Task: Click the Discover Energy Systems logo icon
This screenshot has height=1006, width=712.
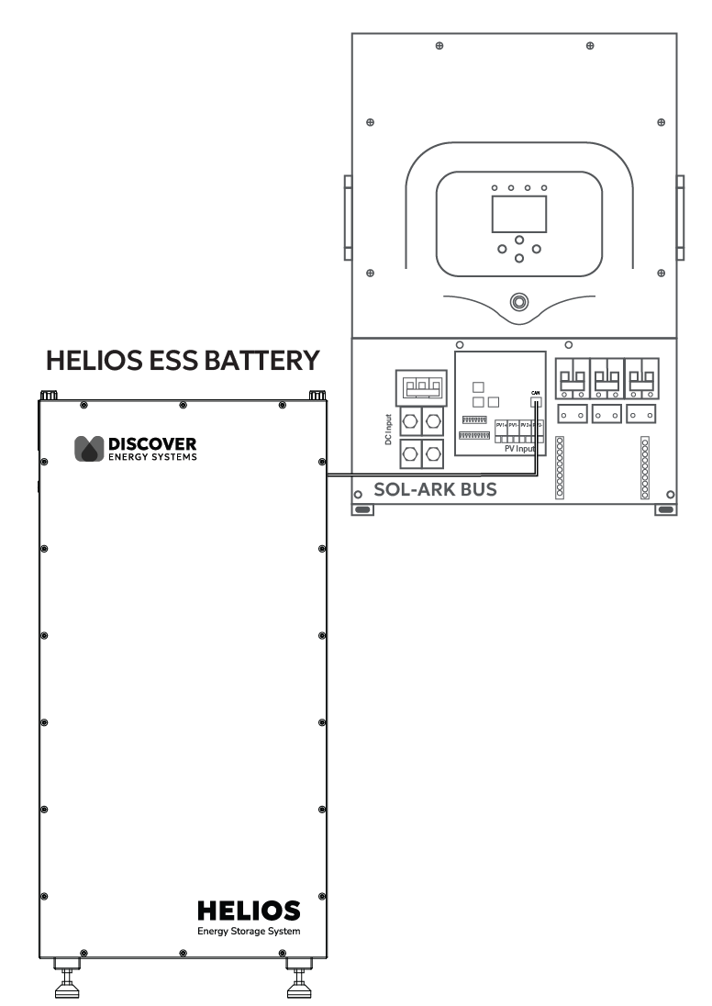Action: click(89, 449)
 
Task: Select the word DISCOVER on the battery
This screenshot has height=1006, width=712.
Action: click(152, 444)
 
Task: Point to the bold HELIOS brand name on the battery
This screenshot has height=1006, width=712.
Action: click(249, 911)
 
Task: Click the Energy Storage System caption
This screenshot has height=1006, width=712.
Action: click(249, 931)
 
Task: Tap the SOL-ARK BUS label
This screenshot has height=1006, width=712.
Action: click(435, 489)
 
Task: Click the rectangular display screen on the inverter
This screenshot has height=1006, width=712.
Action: click(519, 213)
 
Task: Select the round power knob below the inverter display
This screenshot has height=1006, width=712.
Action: click(519, 301)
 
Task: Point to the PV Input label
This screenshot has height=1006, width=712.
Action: click(520, 448)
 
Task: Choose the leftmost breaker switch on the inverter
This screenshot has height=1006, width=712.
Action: click(572, 378)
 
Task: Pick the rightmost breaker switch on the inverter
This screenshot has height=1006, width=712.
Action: click(640, 378)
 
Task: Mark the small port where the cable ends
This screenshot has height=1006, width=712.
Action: click(536, 399)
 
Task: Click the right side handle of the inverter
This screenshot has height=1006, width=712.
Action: click(680, 218)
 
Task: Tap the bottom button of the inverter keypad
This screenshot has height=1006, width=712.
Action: click(519, 258)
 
